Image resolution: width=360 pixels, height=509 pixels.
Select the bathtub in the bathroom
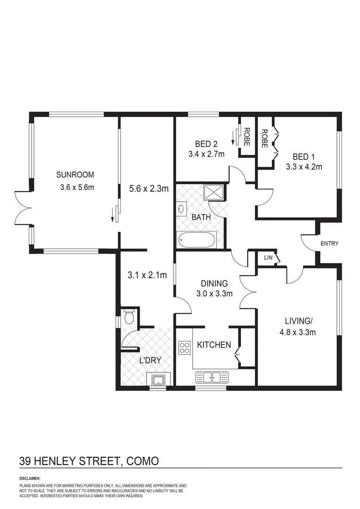pyautogui.click(x=196, y=240)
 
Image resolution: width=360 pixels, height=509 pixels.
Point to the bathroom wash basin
pyautogui.click(x=182, y=209)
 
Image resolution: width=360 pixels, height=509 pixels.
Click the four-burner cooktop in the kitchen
pyautogui.click(x=184, y=347)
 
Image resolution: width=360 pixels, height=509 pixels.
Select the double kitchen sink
pyautogui.click(x=212, y=377)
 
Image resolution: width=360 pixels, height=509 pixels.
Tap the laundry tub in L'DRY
pyautogui.click(x=156, y=379)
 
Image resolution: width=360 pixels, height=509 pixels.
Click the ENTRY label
pyautogui.click(x=329, y=244)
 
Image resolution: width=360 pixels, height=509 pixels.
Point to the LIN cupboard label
pyautogui.click(x=268, y=258)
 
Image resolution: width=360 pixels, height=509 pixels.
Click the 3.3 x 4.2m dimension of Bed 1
pyautogui.click(x=304, y=166)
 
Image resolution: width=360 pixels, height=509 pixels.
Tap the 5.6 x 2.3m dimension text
pyautogui.click(x=149, y=189)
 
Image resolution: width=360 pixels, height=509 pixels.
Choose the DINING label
pyautogui.click(x=214, y=284)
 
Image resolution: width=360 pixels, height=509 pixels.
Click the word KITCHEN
pyautogui.click(x=214, y=345)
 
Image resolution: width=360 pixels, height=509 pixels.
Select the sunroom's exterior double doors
pyautogui.click(x=23, y=208)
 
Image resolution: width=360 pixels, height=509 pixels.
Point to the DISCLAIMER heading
pyautogui.click(x=30, y=478)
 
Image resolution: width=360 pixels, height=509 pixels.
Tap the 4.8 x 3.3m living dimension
pyautogui.click(x=299, y=332)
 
